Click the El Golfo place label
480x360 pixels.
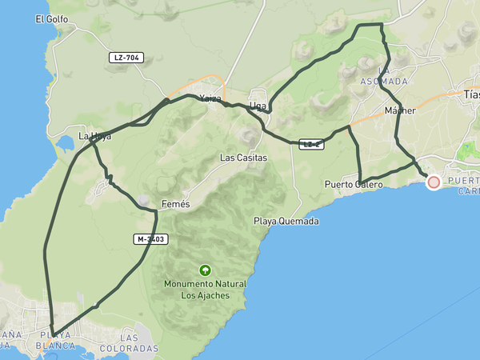click(50, 19)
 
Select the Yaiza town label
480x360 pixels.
click(210, 98)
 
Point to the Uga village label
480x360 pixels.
click(258, 106)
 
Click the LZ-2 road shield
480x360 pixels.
click(311, 144)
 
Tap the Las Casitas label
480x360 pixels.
click(243, 158)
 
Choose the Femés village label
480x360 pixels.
click(175, 204)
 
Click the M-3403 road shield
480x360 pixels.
click(150, 238)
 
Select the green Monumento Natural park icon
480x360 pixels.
click(205, 270)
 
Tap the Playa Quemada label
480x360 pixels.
click(286, 221)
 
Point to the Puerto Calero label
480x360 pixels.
click(354, 185)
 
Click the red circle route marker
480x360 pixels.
click(434, 182)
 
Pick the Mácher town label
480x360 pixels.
click(400, 110)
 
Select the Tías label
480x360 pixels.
click(472, 94)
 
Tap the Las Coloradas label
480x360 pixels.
click(129, 344)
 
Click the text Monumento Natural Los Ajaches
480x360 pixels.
click(205, 290)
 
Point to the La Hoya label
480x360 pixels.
click(94, 136)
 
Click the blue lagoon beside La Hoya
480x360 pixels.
click(63, 145)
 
